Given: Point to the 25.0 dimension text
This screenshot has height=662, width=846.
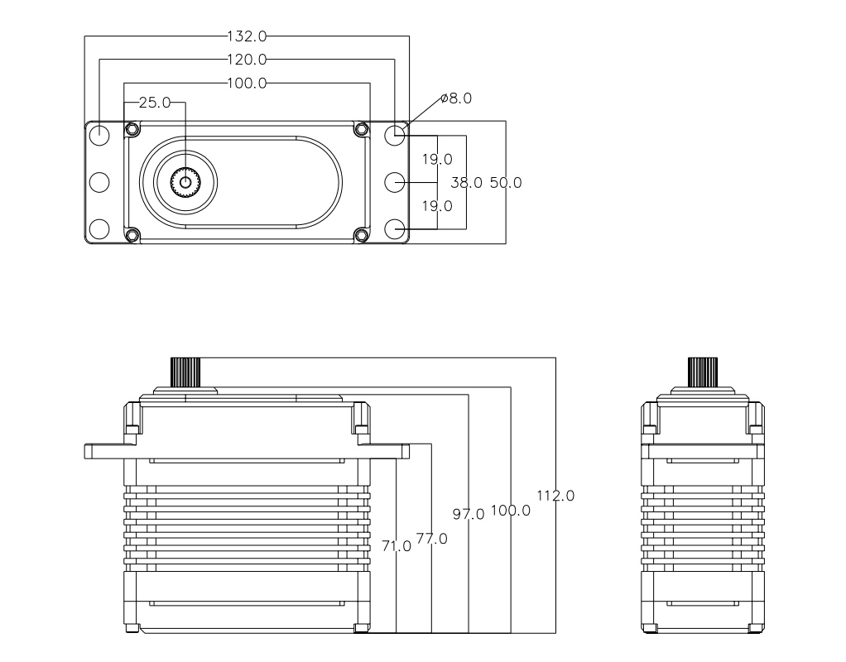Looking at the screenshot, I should point(154,103).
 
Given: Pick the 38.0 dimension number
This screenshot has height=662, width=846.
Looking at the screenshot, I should point(466,183).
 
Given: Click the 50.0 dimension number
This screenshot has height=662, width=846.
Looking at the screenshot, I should point(505,183).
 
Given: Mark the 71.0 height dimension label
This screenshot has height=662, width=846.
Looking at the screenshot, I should point(397,545).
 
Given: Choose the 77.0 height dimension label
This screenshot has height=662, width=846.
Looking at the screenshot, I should point(431,539).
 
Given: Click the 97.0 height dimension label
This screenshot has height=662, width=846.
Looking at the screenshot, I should point(469,515).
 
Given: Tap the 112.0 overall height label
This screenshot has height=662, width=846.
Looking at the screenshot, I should point(555,496).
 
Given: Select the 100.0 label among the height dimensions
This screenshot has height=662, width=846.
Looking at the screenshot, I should point(510,510).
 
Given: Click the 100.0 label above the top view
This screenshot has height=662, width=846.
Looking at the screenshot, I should point(247,83).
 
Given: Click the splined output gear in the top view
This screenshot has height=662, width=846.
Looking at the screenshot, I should point(185,182).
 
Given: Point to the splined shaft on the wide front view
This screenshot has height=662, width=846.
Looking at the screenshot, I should point(186,371).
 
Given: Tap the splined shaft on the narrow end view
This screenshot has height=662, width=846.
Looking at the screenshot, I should point(703,371).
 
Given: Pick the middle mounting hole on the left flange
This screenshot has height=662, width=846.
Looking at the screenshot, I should point(99,181).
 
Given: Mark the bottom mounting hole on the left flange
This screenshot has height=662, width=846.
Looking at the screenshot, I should point(99,228).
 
